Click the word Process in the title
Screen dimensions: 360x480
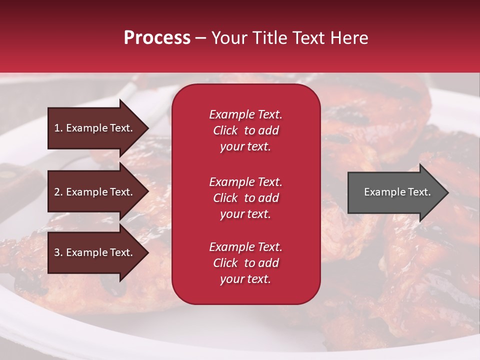[x=157, y=38]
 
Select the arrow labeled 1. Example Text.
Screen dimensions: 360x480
[x=95, y=128]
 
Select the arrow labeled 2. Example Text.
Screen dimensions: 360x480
[x=95, y=192]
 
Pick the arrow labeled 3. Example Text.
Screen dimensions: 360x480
[x=95, y=252]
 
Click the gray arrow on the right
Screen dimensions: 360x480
[x=395, y=192]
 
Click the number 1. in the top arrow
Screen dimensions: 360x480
[x=58, y=128]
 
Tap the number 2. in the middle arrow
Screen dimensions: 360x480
[x=58, y=192]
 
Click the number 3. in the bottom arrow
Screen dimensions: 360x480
[x=58, y=252]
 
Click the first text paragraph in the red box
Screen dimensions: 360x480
[x=245, y=130]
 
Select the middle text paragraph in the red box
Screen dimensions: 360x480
[x=245, y=198]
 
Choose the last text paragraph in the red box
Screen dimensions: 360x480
[x=245, y=263]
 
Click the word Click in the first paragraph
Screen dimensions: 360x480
[x=225, y=130]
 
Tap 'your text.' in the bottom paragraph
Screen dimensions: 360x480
[x=245, y=279]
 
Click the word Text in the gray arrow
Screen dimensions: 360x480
[x=420, y=192]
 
